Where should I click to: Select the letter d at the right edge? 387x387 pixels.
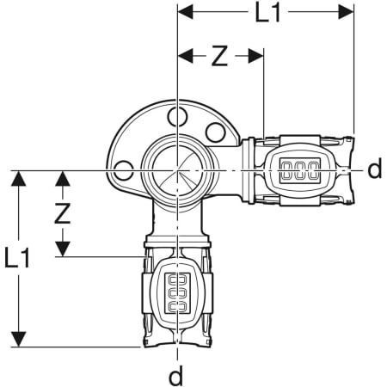(x=374, y=169)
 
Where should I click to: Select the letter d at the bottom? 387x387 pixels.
(x=175, y=375)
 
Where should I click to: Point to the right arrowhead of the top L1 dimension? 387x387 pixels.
(x=348, y=12)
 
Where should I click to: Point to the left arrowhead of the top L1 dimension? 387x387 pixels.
(x=181, y=12)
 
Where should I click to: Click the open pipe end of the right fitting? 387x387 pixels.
(x=352, y=169)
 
